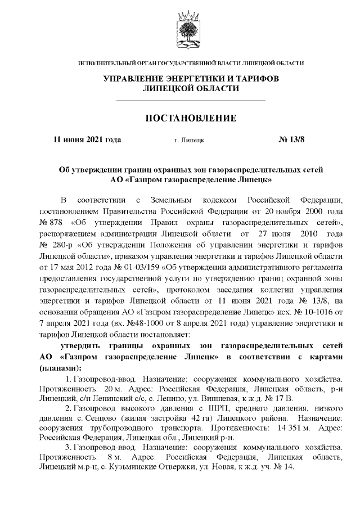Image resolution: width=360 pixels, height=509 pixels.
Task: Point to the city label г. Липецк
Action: point(190,140)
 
